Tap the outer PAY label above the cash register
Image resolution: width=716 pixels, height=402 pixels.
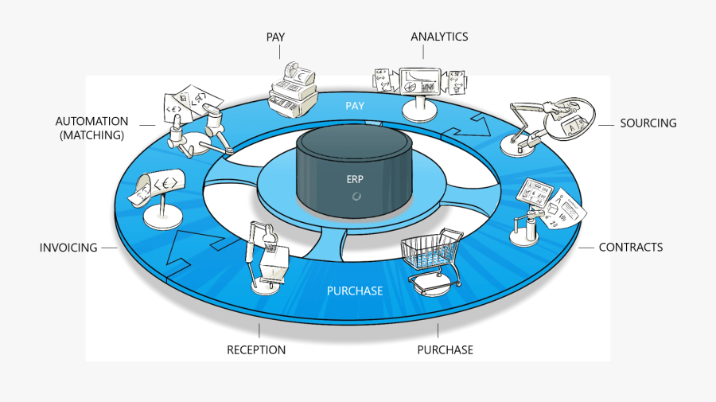(x=276, y=37)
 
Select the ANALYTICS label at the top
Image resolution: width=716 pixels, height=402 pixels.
(x=439, y=37)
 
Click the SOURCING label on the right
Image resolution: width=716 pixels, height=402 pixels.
(x=648, y=123)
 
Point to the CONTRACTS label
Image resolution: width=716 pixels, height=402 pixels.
(x=630, y=248)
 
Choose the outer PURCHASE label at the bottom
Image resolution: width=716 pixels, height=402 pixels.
(x=445, y=349)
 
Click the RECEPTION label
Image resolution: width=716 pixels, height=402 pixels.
(x=256, y=349)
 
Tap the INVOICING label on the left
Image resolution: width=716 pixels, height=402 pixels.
(x=68, y=248)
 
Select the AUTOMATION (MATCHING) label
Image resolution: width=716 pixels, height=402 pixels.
(x=91, y=128)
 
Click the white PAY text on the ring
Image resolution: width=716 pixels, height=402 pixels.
(x=355, y=106)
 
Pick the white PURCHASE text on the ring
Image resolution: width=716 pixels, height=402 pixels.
(x=355, y=291)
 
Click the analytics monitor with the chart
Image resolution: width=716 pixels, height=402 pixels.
(x=421, y=83)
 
